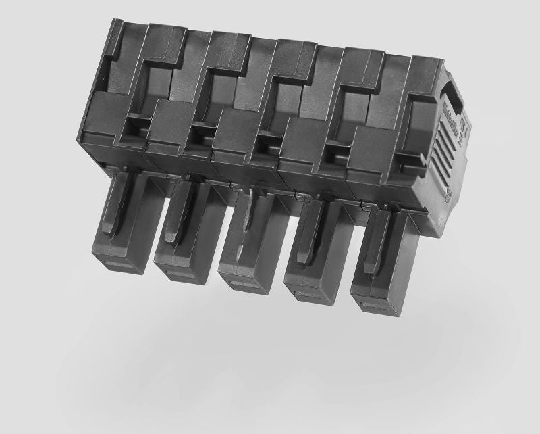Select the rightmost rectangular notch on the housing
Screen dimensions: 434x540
coord(406,161)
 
